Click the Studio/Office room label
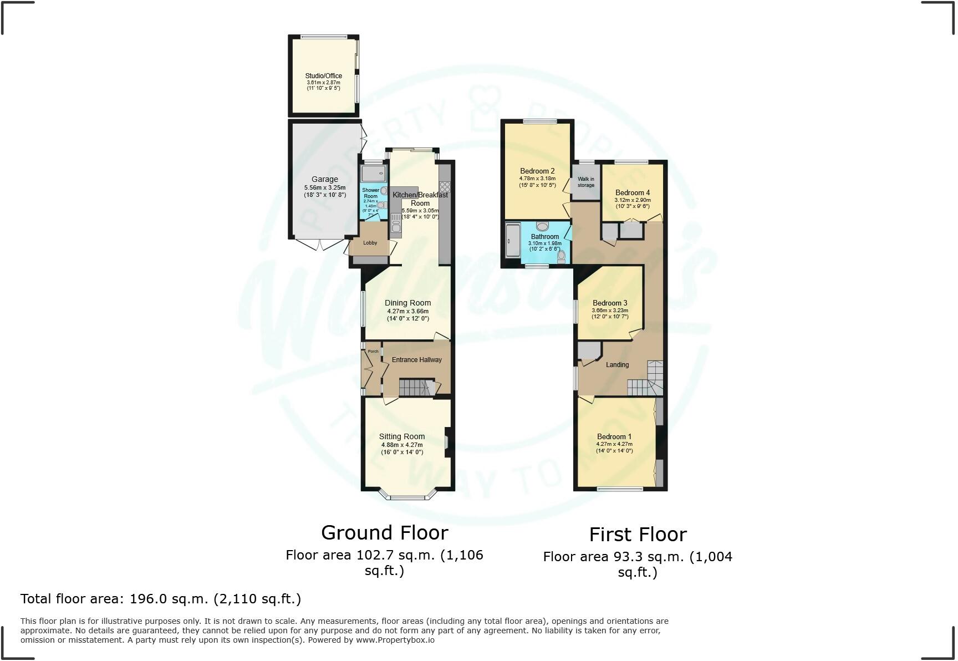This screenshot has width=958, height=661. click(x=323, y=76)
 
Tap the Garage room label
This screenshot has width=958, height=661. click(x=324, y=179)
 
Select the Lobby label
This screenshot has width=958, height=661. click(x=370, y=243)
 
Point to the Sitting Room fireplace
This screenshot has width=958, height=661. click(x=446, y=442)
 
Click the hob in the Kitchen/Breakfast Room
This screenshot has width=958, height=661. click(x=445, y=187)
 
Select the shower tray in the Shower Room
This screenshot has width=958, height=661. click(x=373, y=175)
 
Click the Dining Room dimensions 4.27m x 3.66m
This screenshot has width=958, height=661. click(x=407, y=311)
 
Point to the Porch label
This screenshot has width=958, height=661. click(x=373, y=351)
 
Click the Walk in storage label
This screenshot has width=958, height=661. click(x=585, y=182)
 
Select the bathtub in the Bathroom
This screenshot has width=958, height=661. click(x=513, y=241)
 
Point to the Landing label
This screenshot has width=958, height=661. click(x=617, y=365)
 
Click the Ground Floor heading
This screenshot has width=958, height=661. click(x=384, y=532)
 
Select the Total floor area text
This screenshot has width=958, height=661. click(x=161, y=599)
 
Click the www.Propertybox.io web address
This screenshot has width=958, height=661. click(x=395, y=640)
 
